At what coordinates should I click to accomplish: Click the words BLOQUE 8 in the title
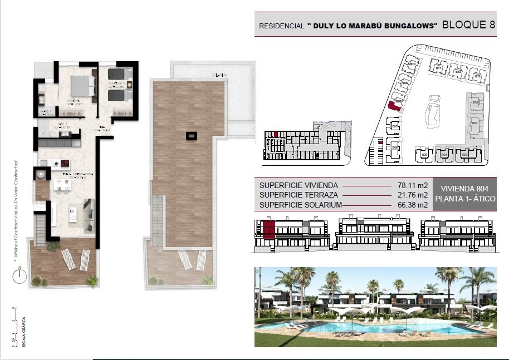pos(468,24)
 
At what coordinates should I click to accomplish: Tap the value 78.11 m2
pos(413,185)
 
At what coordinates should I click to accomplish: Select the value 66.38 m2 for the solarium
pos(413,205)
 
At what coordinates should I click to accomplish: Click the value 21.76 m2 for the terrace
pos(413,195)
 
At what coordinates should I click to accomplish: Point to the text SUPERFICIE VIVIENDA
pos(298,185)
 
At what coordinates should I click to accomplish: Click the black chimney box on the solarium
pos(192,135)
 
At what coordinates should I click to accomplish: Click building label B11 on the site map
pos(439,68)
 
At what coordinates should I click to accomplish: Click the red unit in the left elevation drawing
pos(270,228)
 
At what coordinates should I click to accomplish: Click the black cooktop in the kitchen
pos(64,164)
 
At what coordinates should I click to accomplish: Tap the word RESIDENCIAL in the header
pos(282,26)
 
